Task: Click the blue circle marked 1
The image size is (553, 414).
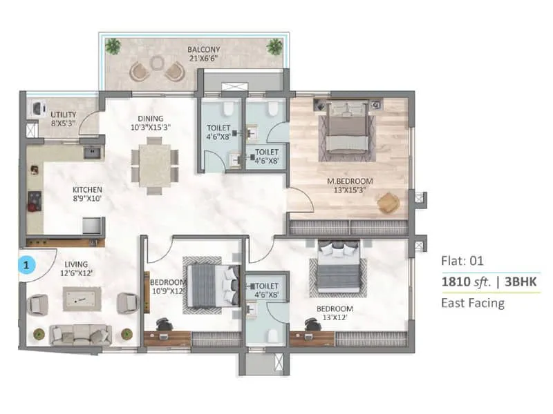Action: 26,264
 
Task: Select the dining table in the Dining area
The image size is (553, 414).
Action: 156,164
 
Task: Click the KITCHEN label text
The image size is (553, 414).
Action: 88,189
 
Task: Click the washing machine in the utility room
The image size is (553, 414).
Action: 37,108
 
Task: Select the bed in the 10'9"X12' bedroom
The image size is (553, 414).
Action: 209,283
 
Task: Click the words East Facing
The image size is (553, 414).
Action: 473,303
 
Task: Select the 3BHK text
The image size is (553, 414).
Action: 523,282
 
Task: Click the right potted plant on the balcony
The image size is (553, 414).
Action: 274,47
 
